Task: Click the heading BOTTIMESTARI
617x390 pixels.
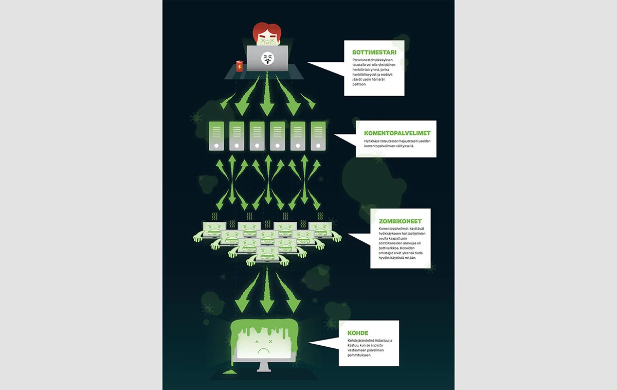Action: pos(374,52)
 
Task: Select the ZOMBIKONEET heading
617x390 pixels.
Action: pos(400,221)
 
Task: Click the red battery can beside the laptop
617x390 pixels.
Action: pos(238,67)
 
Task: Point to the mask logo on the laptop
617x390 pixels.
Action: pos(267,59)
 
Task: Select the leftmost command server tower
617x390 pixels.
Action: pos(216,136)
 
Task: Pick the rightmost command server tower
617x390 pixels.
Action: pos(318,136)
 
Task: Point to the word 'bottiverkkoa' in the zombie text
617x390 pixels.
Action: pos(390,254)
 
